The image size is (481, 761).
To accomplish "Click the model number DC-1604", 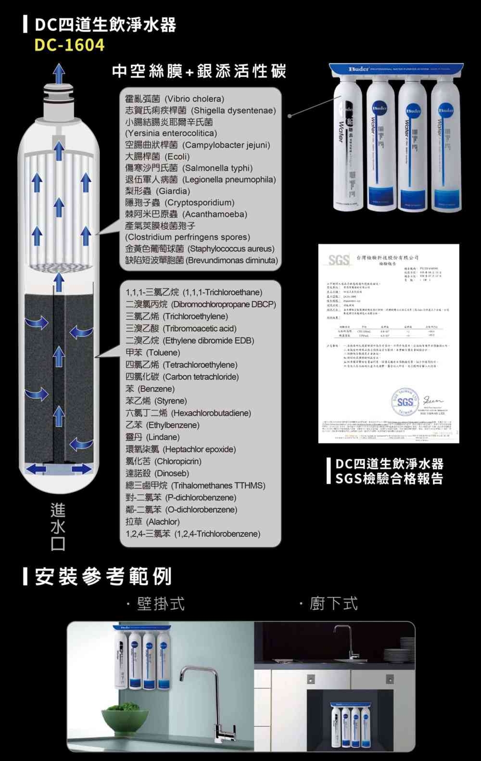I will [x=69, y=45].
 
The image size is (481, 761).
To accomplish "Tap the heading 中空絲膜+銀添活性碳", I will [x=199, y=72].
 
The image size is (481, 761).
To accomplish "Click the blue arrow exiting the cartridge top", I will [x=59, y=73].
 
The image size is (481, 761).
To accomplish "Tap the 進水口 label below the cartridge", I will [x=58, y=527].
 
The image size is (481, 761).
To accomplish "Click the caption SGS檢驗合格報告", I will [x=389, y=479].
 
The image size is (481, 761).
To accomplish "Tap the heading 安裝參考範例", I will [x=103, y=576].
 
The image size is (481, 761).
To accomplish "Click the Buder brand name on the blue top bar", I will [x=359, y=69].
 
